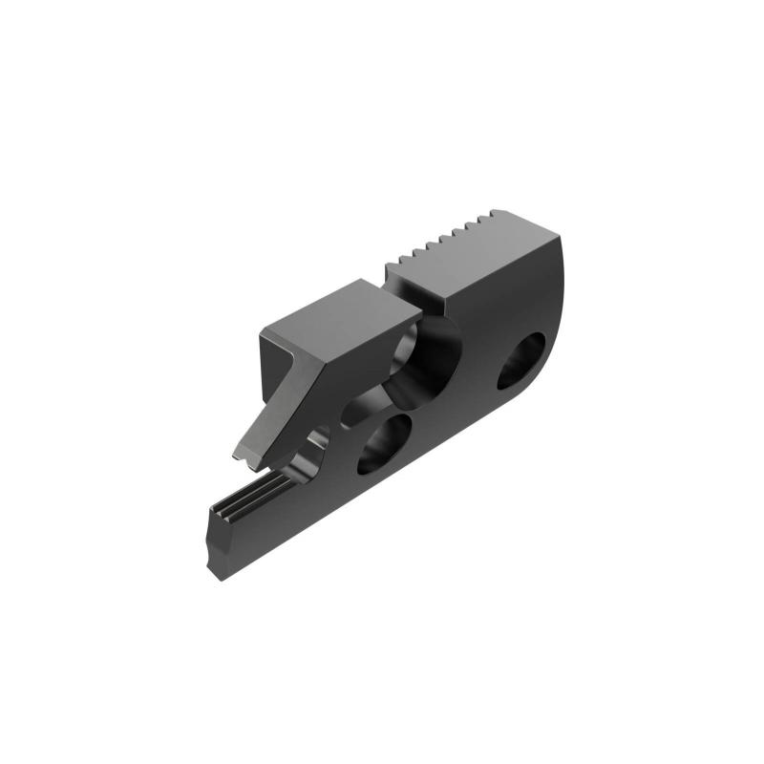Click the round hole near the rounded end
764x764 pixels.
520,362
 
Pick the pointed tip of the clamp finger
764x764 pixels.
246,463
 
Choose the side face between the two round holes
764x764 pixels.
449,406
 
